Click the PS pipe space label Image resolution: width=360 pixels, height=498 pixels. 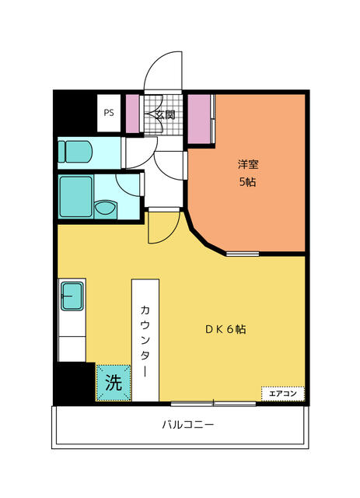click(x=109, y=113)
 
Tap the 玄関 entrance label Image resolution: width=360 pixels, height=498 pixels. click(x=165, y=114)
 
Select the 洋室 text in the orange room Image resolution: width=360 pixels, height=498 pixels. click(x=248, y=164)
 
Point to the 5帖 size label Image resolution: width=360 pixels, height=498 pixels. click(x=247, y=182)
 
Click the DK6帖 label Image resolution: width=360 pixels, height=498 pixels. click(x=225, y=329)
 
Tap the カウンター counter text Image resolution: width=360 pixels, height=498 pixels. click(x=145, y=341)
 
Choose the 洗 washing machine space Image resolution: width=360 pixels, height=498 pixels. click(x=114, y=383)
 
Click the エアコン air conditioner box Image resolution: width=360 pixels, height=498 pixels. click(x=283, y=394)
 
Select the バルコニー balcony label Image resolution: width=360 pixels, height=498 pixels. click(x=188, y=425)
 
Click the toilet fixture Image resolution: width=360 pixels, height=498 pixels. click(x=75, y=152)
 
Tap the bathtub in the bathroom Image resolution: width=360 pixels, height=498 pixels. click(x=76, y=197)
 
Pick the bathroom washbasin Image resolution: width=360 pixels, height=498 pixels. click(x=106, y=209)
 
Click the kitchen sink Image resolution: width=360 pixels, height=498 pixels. click(x=72, y=296)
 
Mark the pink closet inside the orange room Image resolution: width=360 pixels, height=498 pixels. click(x=199, y=119)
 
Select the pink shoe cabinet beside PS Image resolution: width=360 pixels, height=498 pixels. click(x=133, y=114)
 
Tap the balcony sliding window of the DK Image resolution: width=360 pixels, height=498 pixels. click(x=213, y=404)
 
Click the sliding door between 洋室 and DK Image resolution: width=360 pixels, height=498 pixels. click(x=243, y=254)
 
